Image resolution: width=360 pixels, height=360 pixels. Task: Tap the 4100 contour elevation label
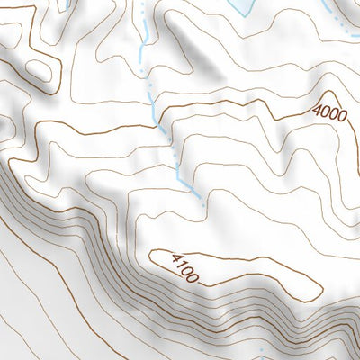(184, 267)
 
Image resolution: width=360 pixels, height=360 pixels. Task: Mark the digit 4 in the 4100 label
(174, 259)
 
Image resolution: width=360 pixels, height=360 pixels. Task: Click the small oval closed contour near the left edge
(37, 69)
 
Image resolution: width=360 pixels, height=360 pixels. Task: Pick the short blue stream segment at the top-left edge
(67, 4)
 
